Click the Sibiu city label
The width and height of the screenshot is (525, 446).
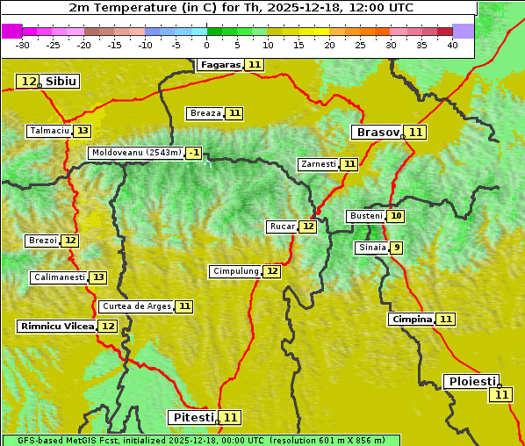pyautogui.click(x=61, y=82)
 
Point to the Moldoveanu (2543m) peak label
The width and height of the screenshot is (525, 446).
pyautogui.click(x=136, y=153)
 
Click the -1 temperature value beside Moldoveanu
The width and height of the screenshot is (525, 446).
pyautogui.click(x=193, y=153)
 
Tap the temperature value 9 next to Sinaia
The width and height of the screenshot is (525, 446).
pyautogui.click(x=397, y=248)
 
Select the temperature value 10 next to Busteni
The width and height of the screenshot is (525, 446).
pyautogui.click(x=397, y=216)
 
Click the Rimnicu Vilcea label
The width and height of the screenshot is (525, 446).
pyautogui.click(x=57, y=326)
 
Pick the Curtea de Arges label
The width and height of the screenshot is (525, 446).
pyautogui.click(x=136, y=306)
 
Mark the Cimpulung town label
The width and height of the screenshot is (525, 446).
pyautogui.click(x=235, y=271)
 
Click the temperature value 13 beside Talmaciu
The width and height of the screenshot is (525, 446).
pyautogui.click(x=83, y=131)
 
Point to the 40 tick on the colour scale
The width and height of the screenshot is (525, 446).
pyautogui.click(x=452, y=45)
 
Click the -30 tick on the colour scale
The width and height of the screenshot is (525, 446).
pyautogui.click(x=23, y=45)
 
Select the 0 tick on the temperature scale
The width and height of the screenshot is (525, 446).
pyautogui.click(x=206, y=45)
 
